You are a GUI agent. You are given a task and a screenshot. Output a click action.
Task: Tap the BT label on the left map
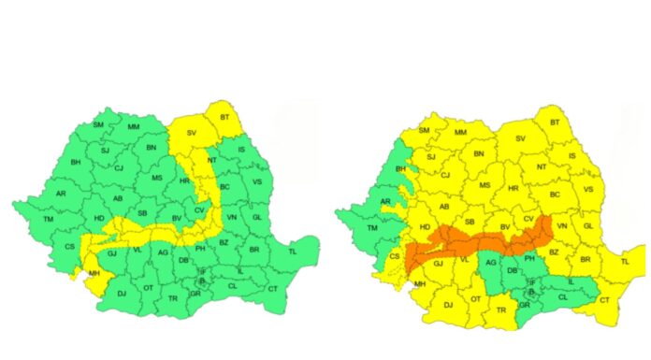click(x=224, y=117)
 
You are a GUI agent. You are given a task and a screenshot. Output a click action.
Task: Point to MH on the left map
click(x=94, y=274)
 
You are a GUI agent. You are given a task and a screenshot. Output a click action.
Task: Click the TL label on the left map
click(x=293, y=252)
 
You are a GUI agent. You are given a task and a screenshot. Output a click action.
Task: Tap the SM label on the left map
click(x=99, y=124)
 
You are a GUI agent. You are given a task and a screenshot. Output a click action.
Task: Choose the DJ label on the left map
click(x=121, y=295)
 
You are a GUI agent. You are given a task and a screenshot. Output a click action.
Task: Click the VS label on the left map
click(x=256, y=184)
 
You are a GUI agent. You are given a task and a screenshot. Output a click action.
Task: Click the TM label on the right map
click(x=371, y=227)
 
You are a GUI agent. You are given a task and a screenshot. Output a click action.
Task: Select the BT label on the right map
click(x=555, y=122)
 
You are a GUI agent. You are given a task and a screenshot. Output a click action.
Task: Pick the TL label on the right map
click(x=625, y=263)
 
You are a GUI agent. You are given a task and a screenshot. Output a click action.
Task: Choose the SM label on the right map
click(x=425, y=131)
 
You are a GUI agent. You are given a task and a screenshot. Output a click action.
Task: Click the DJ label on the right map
click(x=448, y=305)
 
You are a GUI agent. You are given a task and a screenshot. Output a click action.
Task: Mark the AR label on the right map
click(x=385, y=201)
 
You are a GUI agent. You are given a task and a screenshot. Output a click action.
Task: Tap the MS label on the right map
click(x=485, y=185)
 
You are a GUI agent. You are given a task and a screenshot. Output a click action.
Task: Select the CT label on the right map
click(x=604, y=300)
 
